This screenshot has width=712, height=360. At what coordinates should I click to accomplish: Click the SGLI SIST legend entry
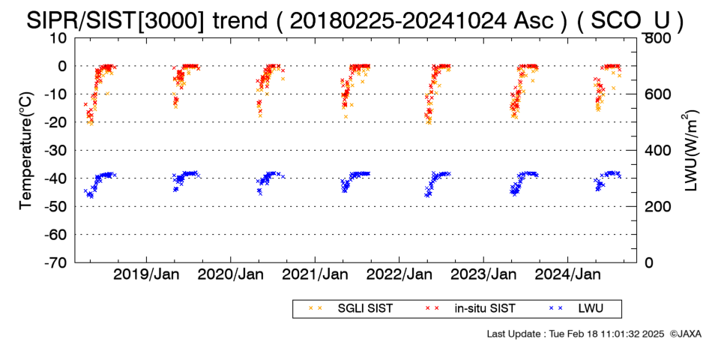tap(350, 309)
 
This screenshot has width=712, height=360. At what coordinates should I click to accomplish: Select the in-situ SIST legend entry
tap(470, 309)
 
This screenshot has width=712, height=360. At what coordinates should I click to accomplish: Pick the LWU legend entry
tap(576, 309)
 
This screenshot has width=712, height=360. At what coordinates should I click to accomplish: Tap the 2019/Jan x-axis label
tap(147, 274)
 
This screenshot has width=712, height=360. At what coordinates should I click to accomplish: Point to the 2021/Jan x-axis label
tap(315, 274)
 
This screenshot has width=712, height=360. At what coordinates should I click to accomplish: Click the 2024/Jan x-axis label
tap(568, 274)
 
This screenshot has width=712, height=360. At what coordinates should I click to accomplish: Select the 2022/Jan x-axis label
tap(399, 274)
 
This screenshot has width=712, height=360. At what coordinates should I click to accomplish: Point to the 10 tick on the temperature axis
tap(59, 38)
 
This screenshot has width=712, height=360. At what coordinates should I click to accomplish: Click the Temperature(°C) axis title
tap(27, 151)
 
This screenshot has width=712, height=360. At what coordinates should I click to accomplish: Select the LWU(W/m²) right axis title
tap(690, 151)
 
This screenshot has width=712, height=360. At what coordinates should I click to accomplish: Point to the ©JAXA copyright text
tap(685, 334)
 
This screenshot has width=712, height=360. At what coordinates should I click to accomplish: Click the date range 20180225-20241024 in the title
tap(398, 20)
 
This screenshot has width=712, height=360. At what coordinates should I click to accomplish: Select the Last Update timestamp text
tap(576, 334)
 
